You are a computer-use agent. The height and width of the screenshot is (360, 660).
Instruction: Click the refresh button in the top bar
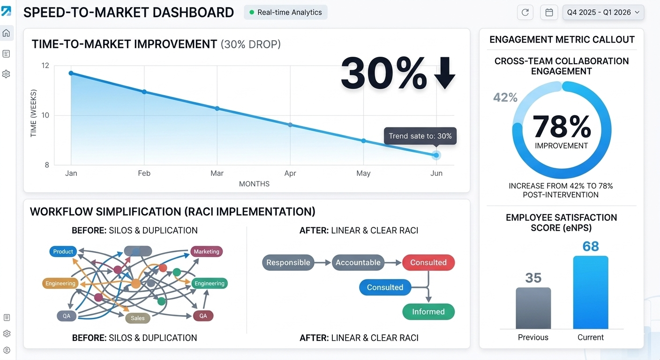(525, 12)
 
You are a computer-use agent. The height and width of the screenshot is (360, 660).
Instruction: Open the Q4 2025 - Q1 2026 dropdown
(603, 12)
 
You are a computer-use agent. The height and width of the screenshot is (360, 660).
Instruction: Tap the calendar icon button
(549, 12)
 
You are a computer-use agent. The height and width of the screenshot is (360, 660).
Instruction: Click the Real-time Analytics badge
(285, 12)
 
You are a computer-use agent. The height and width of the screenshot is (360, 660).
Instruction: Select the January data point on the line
(71, 73)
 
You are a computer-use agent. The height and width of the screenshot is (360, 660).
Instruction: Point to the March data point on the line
(217, 108)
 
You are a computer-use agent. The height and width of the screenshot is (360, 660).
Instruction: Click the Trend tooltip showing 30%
(420, 136)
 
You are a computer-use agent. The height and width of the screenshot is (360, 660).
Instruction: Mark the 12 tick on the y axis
(45, 66)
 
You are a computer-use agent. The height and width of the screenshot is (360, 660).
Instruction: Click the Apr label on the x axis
(290, 173)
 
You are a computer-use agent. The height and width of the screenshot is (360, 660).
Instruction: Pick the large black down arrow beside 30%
(445, 73)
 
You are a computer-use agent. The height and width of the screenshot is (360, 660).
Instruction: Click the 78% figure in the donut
(562, 127)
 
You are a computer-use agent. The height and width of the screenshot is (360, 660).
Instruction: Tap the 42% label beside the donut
(505, 97)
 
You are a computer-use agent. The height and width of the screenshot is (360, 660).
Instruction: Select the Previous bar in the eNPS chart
(533, 308)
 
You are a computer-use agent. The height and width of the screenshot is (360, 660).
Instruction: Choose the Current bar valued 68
(591, 292)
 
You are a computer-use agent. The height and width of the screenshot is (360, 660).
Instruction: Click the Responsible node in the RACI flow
(288, 262)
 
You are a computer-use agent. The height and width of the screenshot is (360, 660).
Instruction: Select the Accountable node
(358, 262)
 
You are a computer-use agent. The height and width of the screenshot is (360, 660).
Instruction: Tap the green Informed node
(428, 312)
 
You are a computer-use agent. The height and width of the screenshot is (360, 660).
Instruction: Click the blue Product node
(63, 252)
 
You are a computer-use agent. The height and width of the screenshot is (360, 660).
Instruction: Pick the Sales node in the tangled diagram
(138, 318)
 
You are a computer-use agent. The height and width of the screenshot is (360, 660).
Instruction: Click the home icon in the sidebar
(6, 33)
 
